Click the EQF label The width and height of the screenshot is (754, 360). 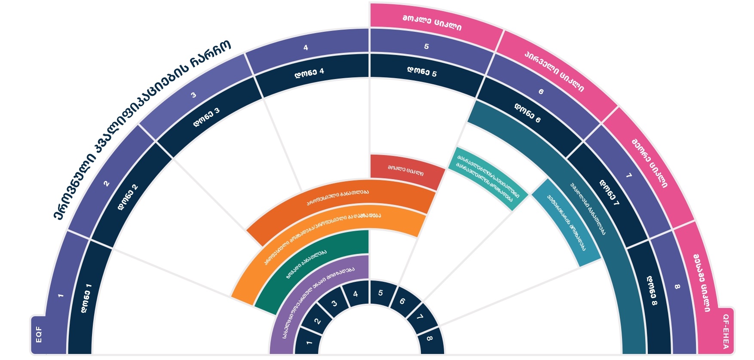[39, 334]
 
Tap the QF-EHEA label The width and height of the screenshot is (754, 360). [726, 331]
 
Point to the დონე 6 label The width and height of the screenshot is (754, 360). [527, 113]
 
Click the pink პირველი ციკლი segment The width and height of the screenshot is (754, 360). [554, 71]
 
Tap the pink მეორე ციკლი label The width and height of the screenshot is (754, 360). [649, 163]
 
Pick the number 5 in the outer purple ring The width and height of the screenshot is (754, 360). [426, 46]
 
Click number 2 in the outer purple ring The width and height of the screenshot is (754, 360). [106, 183]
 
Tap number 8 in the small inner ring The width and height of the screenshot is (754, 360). [429, 339]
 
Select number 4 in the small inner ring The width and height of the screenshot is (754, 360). [356, 294]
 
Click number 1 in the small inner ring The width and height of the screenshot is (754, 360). [309, 342]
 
